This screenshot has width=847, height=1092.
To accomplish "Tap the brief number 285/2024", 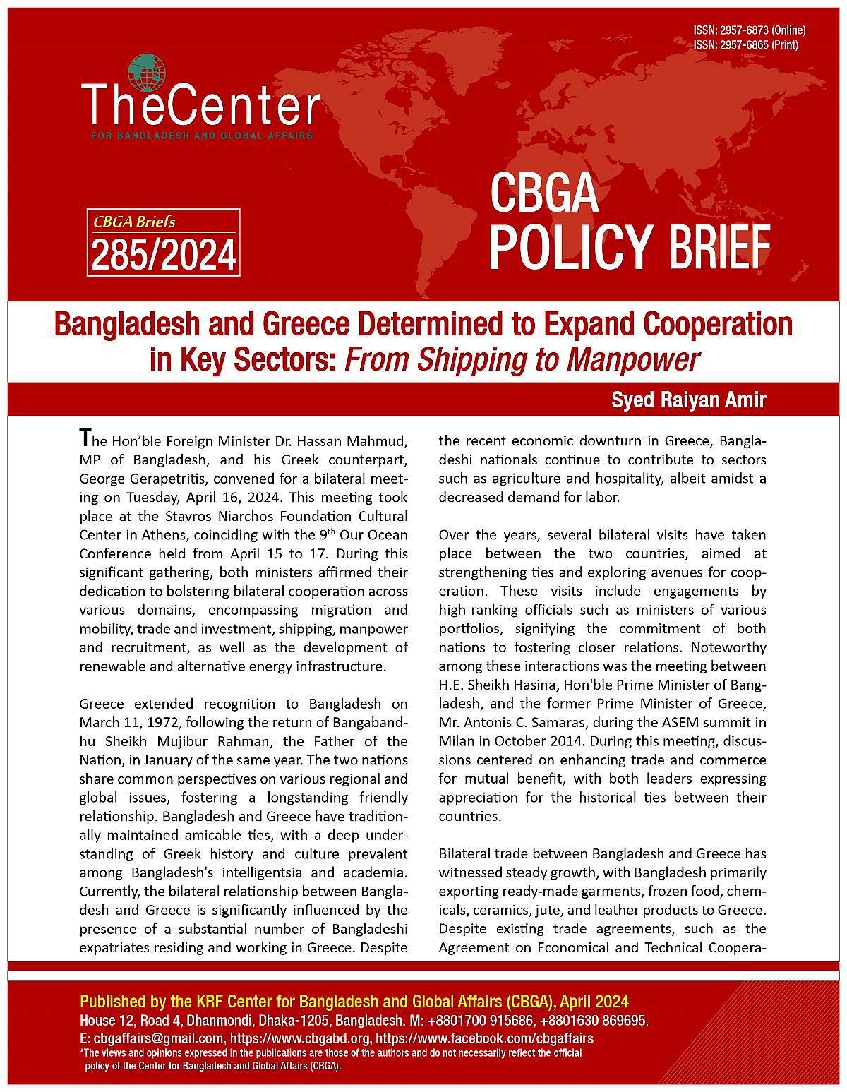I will pyautogui.click(x=163, y=256).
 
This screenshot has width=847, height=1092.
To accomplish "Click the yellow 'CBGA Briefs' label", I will pyautogui.click(x=134, y=222).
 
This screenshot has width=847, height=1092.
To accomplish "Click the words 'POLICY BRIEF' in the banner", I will pyautogui.click(x=629, y=246).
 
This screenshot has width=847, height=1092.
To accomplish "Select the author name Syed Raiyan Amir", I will pyautogui.click(x=688, y=400).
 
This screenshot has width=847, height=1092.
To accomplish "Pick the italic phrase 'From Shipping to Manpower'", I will pyautogui.click(x=522, y=359).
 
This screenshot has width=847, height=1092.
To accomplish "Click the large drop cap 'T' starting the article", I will pyautogui.click(x=85, y=438).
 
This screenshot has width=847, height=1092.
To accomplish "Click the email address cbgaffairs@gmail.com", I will pyautogui.click(x=157, y=1038).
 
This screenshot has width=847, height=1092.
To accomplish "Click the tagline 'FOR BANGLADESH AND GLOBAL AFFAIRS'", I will pyautogui.click(x=202, y=136).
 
